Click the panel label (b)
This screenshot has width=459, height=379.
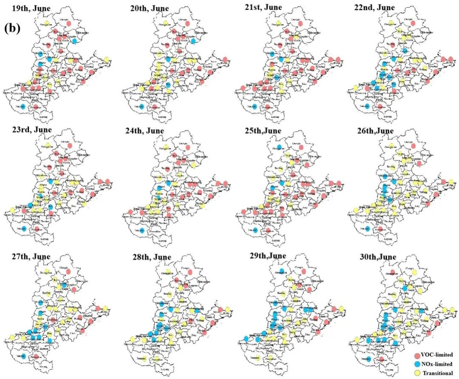(x=12, y=28)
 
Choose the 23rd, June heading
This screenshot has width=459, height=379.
(x=32, y=129)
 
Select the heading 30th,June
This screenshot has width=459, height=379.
(x=376, y=257)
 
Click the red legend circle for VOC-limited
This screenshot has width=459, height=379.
(x=416, y=355)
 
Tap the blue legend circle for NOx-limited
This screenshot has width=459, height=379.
(x=416, y=364)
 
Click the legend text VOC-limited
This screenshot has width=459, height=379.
(x=437, y=355)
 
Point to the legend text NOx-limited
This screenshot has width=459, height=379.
(x=437, y=364)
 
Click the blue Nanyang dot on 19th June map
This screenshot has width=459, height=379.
(x=23, y=106)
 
